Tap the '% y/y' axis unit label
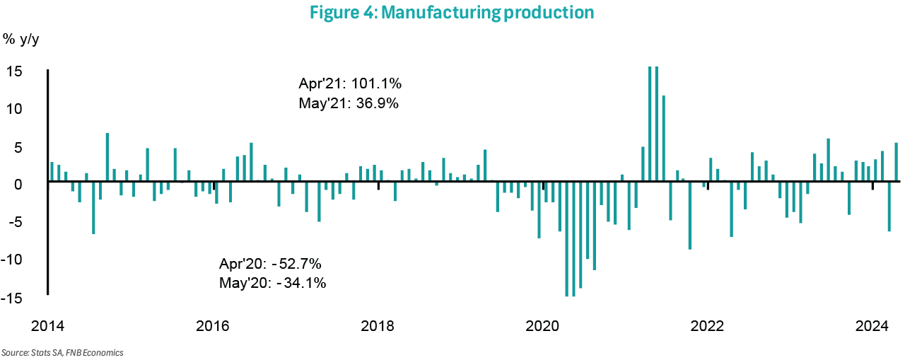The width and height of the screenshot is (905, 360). click(x=21, y=39)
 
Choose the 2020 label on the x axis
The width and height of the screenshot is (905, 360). click(x=543, y=326)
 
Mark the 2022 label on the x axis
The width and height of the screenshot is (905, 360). click(x=707, y=326)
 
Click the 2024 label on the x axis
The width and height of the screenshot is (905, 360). click(x=872, y=326)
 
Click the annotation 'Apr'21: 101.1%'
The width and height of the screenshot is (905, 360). click(x=351, y=84)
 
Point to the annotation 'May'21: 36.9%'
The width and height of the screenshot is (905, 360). click(x=349, y=103)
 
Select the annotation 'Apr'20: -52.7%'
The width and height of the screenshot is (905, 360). click(x=271, y=265)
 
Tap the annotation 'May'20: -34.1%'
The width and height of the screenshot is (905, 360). click(x=273, y=284)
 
